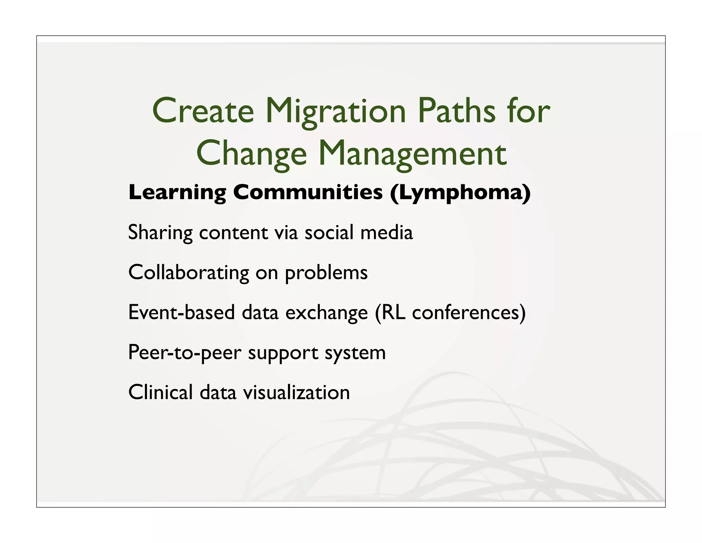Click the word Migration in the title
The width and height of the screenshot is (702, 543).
(336, 112)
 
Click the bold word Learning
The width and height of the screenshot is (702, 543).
(177, 193)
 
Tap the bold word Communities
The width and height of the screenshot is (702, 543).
(307, 192)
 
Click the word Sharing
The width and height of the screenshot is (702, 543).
(160, 233)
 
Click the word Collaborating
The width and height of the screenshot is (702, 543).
(189, 273)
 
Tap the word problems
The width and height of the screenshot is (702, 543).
(326, 273)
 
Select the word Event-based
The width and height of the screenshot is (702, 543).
(181, 312)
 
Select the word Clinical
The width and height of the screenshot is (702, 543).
(160, 392)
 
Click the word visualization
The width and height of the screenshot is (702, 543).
(296, 392)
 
